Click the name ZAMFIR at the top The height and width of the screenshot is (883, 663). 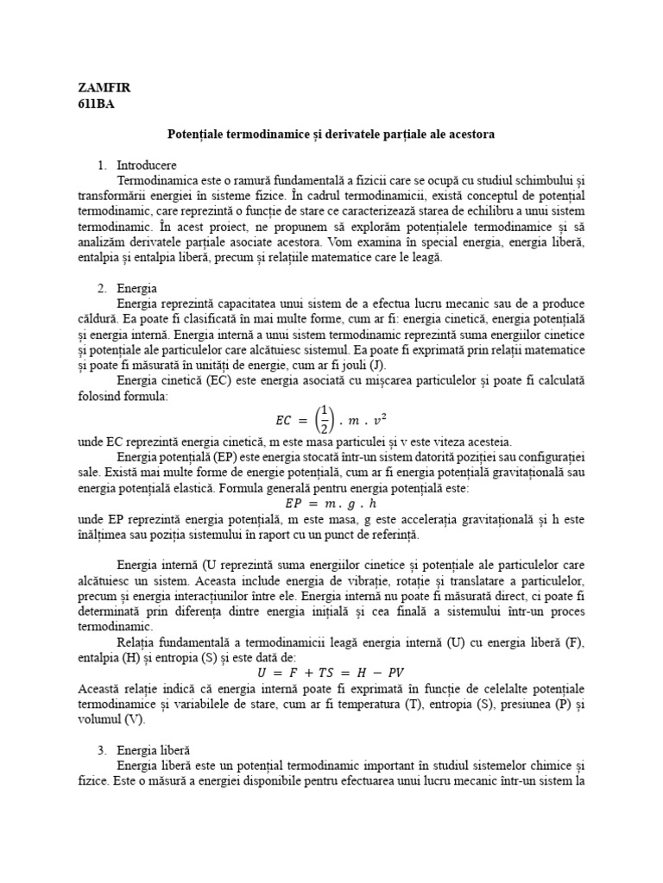point(104,88)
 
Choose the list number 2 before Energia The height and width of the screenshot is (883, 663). point(101,288)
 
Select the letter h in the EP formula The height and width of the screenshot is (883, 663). point(373,503)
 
